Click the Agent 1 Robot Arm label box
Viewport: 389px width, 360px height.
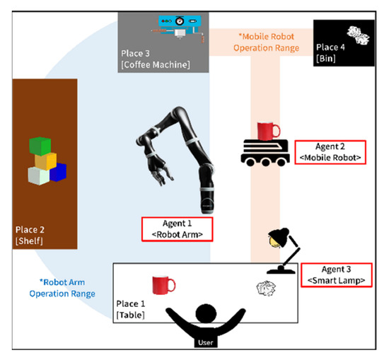[176, 227]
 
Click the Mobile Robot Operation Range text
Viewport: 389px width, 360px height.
[268, 42]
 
